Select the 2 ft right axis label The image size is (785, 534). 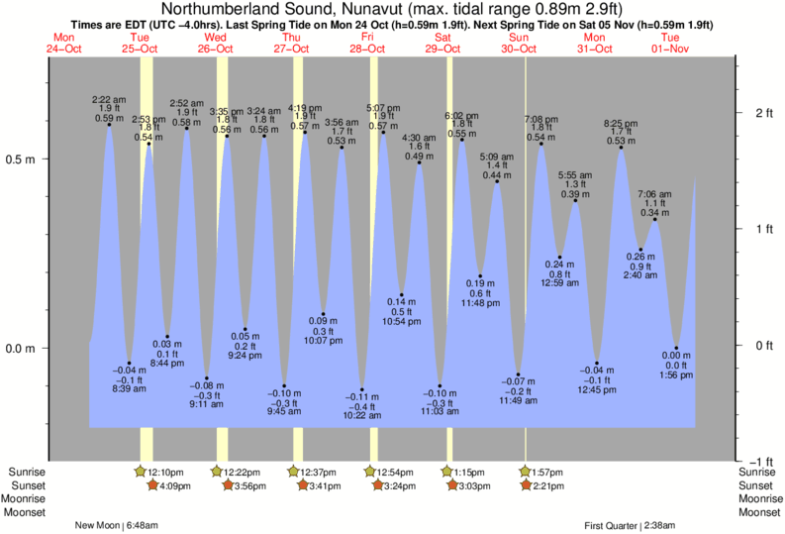click(763, 113)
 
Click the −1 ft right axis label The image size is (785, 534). click(759, 462)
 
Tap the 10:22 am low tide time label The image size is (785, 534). click(361, 415)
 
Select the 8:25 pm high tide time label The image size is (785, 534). click(622, 124)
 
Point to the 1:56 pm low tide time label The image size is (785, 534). click(677, 376)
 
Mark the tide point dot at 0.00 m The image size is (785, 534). click(676, 348)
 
